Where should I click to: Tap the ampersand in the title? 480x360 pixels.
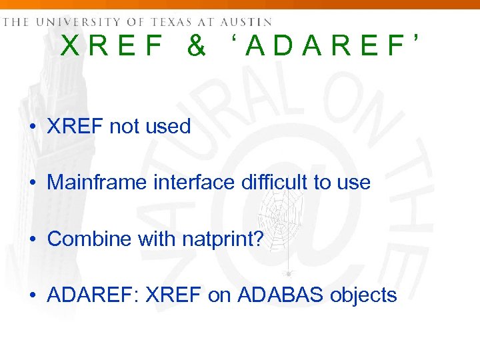click(196, 46)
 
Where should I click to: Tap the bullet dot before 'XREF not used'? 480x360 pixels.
click(32, 127)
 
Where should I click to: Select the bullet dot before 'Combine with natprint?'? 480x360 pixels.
click(32, 239)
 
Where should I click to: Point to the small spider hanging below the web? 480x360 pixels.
click(288, 273)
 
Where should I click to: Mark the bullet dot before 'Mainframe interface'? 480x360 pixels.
click(32, 183)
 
